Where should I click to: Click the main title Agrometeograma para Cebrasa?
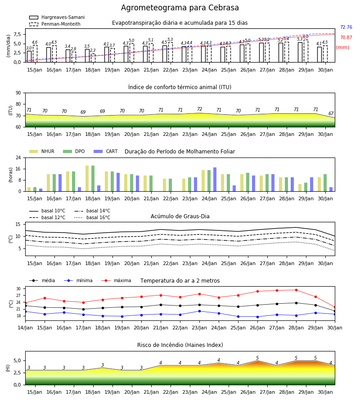tap(180, 8)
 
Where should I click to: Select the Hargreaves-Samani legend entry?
tap(57, 17)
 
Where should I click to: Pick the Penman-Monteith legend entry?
tap(55, 24)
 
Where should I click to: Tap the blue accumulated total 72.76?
tap(346, 27)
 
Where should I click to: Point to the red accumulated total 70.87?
tap(346, 37)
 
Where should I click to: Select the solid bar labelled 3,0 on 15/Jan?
tap(29, 57)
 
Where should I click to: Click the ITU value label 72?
tap(200, 109)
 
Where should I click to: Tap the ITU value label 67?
tap(331, 113)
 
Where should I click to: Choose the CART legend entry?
tap(106, 151)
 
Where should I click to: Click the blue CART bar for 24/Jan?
tap(215, 180)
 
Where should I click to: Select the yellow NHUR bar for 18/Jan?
tap(87, 179)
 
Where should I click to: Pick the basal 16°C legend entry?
tap(92, 217)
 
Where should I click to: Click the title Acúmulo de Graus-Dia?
tap(180, 216)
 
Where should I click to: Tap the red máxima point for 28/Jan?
tap(296, 290)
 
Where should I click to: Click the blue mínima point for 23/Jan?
tap(200, 311)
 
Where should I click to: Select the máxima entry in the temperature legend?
tap(116, 280)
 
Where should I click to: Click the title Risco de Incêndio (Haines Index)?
tap(180, 345)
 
